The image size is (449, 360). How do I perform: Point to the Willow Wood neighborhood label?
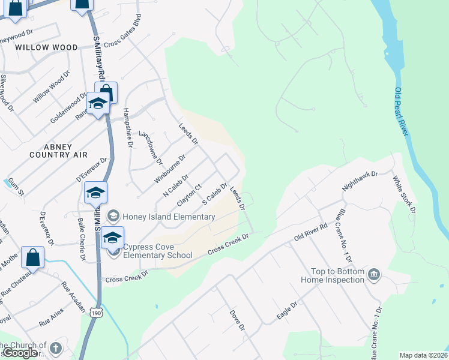click(x=47, y=47)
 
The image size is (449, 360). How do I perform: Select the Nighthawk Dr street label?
click(x=360, y=181)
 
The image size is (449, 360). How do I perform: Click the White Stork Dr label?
click(x=404, y=194)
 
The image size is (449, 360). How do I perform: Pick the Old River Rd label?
click(x=310, y=233)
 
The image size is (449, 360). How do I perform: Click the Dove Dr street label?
click(x=238, y=320)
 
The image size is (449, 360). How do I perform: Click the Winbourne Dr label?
click(x=170, y=169)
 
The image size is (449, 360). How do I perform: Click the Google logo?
click(x=20, y=353)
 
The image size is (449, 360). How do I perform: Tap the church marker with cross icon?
click(x=55, y=348)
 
